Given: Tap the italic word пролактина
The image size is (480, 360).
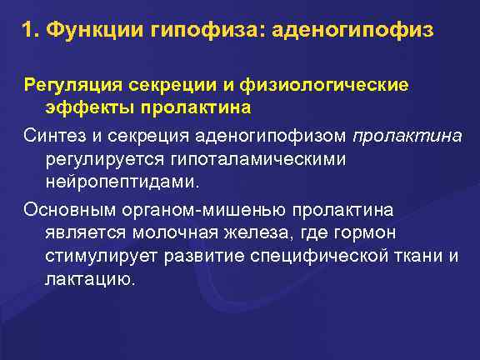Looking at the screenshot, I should pos(407,136).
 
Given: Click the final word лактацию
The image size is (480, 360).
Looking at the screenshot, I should pos(87,278).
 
